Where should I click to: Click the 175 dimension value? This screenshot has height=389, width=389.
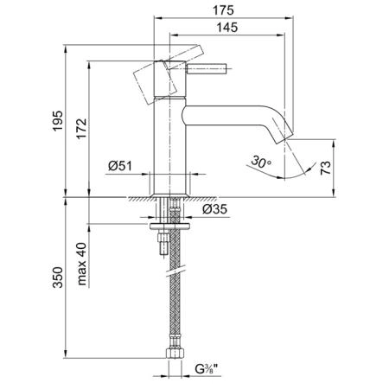223,10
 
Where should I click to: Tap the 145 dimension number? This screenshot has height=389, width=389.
227,28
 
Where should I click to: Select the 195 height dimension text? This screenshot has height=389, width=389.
57,121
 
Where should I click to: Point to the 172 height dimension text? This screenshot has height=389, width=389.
81,129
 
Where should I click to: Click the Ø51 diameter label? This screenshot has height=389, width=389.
120,166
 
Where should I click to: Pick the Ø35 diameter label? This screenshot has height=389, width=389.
214,209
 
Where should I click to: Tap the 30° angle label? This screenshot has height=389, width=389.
261,162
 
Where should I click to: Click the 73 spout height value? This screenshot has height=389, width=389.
326,168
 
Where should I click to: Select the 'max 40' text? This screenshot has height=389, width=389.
82,264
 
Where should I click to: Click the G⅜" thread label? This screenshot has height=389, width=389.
207,368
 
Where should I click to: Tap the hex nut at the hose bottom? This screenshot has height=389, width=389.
174,354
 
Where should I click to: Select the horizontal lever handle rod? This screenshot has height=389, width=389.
207,68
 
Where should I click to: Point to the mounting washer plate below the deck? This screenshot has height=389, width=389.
169,226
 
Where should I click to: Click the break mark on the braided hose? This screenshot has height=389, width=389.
175,271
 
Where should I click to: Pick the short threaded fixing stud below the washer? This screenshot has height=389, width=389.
163,243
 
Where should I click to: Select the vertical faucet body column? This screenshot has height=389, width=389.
169,145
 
